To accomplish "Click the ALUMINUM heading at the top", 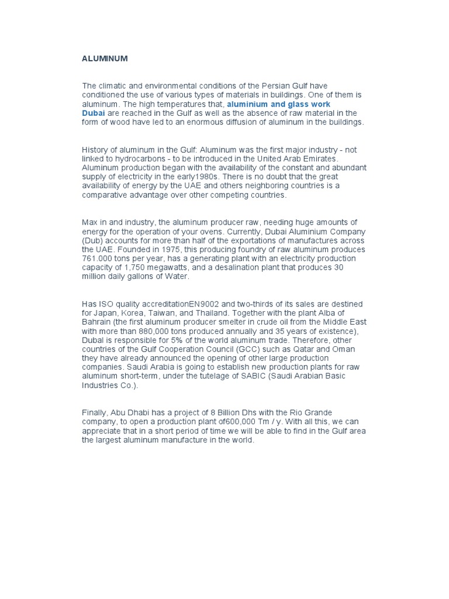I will [x=104, y=59].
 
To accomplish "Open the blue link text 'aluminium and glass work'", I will [x=278, y=104].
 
